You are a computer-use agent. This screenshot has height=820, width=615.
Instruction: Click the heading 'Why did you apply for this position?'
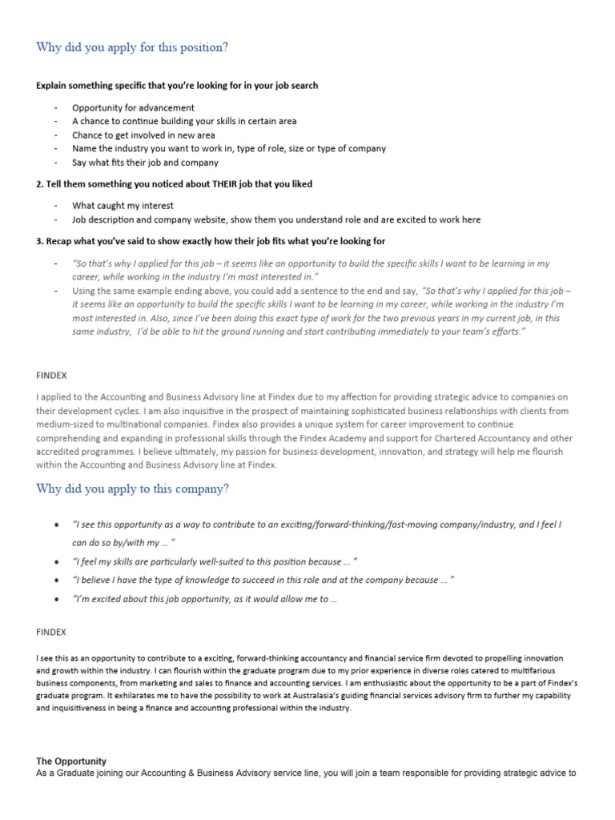coord(132,47)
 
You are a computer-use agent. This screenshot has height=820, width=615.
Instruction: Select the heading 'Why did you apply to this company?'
coord(133,489)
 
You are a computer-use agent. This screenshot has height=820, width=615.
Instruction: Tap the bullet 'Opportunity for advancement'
coord(133,107)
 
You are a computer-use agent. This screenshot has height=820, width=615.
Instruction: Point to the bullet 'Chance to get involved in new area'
coord(143,135)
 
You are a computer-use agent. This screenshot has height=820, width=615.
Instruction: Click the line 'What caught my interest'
coord(123,206)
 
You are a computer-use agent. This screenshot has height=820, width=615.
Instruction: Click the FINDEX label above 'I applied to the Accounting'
coord(51,374)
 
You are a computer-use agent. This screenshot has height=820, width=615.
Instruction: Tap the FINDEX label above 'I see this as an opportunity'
coord(51,632)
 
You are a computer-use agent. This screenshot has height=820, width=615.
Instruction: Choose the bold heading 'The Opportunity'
coord(71,761)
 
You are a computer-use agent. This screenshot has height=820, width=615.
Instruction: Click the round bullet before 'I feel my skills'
coord(55,561)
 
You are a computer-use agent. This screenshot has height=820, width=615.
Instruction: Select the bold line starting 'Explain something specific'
coord(177,85)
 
